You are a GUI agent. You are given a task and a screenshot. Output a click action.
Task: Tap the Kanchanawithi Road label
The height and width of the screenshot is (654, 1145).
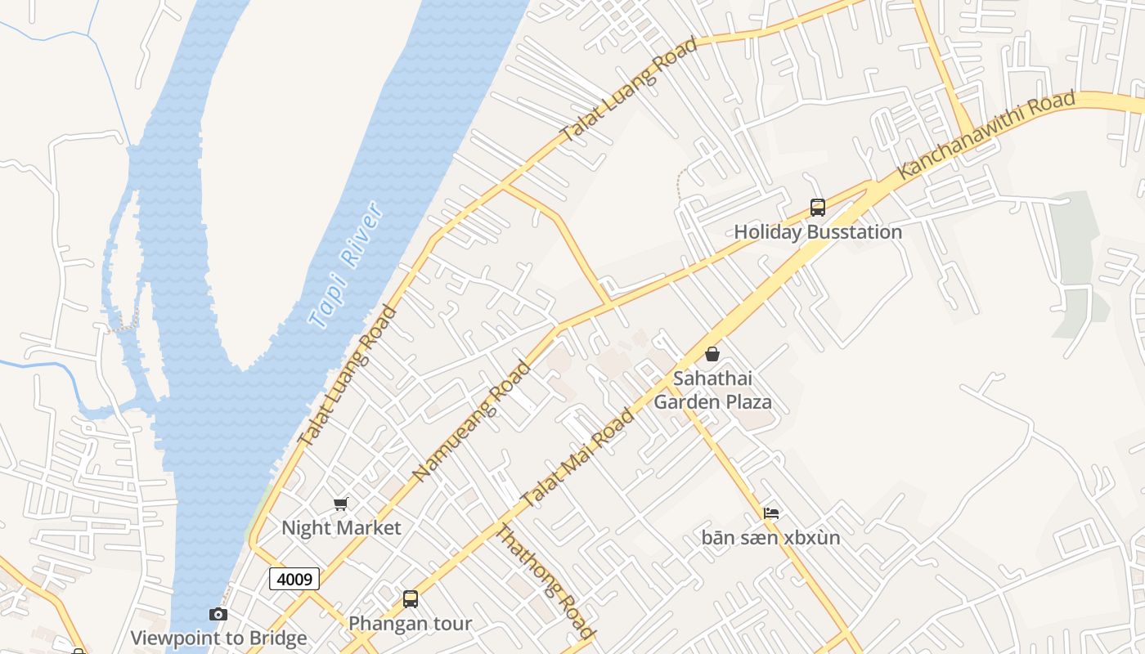tap(986, 136)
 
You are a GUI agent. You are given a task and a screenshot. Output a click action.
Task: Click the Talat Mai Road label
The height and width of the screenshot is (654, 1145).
tap(577, 459)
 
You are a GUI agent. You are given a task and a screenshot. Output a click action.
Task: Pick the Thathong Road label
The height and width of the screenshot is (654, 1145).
tap(546, 582)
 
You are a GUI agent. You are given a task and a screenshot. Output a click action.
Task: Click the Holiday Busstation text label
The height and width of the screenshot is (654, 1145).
tap(818, 232)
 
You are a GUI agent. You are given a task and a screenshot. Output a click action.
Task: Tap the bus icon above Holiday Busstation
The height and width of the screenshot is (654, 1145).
tap(818, 208)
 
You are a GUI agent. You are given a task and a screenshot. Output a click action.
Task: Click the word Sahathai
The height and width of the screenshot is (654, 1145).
tap(712, 379)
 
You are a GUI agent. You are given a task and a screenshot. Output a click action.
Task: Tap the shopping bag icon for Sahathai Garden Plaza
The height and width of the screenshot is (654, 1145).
tap(712, 354)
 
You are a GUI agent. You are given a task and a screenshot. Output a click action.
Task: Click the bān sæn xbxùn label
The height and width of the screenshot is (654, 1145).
tap(770, 538)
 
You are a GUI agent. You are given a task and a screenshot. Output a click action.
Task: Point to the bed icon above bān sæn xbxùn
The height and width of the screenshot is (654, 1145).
tap(770, 513)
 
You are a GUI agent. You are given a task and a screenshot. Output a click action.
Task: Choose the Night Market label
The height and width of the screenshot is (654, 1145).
tap(341, 528)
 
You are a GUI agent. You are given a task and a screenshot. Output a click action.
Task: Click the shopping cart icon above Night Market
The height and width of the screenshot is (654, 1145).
tap(341, 504)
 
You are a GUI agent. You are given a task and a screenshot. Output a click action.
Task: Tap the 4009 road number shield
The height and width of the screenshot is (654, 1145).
tap(294, 579)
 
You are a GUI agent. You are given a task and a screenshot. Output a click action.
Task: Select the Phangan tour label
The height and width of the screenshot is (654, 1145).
tap(411, 624)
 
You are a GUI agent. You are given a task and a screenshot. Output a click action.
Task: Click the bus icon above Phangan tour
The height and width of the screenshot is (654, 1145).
tap(411, 599)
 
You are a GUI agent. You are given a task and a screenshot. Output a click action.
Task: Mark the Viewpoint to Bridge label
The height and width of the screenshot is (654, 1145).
tap(218, 638)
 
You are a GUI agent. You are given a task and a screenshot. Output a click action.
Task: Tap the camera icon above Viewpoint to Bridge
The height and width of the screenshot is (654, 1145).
tap(218, 614)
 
